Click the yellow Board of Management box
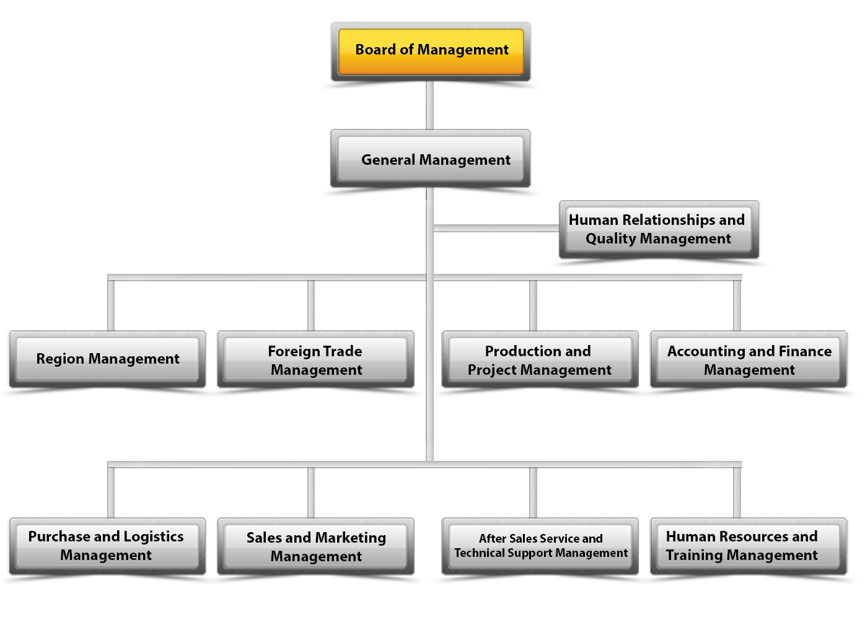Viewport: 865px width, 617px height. point(431,51)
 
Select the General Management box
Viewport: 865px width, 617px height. point(431,159)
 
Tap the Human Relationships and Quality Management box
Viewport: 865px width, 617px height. point(659,229)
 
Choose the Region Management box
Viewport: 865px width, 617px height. point(107,359)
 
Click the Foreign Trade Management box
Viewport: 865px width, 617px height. point(316,361)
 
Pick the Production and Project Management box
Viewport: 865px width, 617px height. point(539,361)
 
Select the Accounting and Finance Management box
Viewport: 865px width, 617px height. point(749,361)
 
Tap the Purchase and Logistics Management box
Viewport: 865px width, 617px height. point(107,546)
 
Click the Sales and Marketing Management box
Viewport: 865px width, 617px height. point(316,546)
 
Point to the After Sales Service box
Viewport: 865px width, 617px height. point(540,546)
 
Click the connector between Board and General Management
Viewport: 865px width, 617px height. point(430,105)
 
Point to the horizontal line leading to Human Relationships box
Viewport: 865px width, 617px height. point(496,228)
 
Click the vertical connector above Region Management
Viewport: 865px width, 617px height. point(112,305)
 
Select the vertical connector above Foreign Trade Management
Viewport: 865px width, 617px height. point(311,305)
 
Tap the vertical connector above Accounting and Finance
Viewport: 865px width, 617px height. point(737,305)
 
